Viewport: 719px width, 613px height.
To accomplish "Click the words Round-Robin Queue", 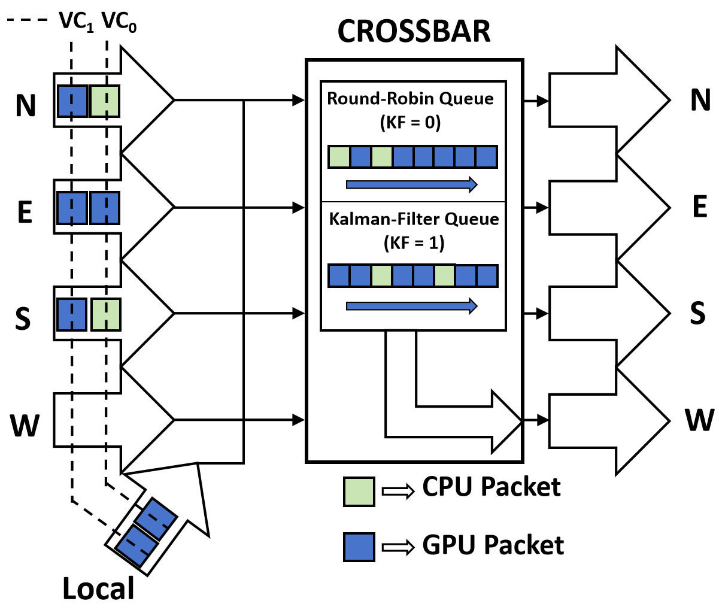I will click(411, 98).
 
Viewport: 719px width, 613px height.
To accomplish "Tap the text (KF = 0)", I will click(411, 123).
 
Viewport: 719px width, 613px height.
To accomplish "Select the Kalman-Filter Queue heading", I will click(414, 219).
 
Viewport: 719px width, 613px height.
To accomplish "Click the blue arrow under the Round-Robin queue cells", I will click(411, 184).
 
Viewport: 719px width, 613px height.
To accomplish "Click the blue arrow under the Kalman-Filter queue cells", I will click(411, 306).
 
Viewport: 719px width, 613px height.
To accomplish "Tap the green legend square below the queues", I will click(359, 492).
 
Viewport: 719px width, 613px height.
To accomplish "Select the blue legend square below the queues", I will click(359, 547).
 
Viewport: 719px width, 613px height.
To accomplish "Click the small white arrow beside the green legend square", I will click(398, 491).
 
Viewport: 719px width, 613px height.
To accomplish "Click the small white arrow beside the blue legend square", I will click(398, 547).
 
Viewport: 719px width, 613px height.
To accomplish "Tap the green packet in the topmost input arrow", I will click(105, 101).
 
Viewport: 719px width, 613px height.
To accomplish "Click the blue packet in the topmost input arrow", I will click(72, 101).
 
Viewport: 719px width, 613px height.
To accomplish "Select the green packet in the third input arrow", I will click(106, 314).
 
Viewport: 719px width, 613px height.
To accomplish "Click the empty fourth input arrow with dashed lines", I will click(114, 420).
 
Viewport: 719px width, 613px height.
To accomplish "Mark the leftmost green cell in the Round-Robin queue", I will click(339, 157).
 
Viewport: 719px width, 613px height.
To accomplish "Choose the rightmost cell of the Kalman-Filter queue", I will click(487, 276).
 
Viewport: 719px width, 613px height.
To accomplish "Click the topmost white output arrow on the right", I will click(608, 101).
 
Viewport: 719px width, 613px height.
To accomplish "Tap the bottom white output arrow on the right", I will click(608, 421).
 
